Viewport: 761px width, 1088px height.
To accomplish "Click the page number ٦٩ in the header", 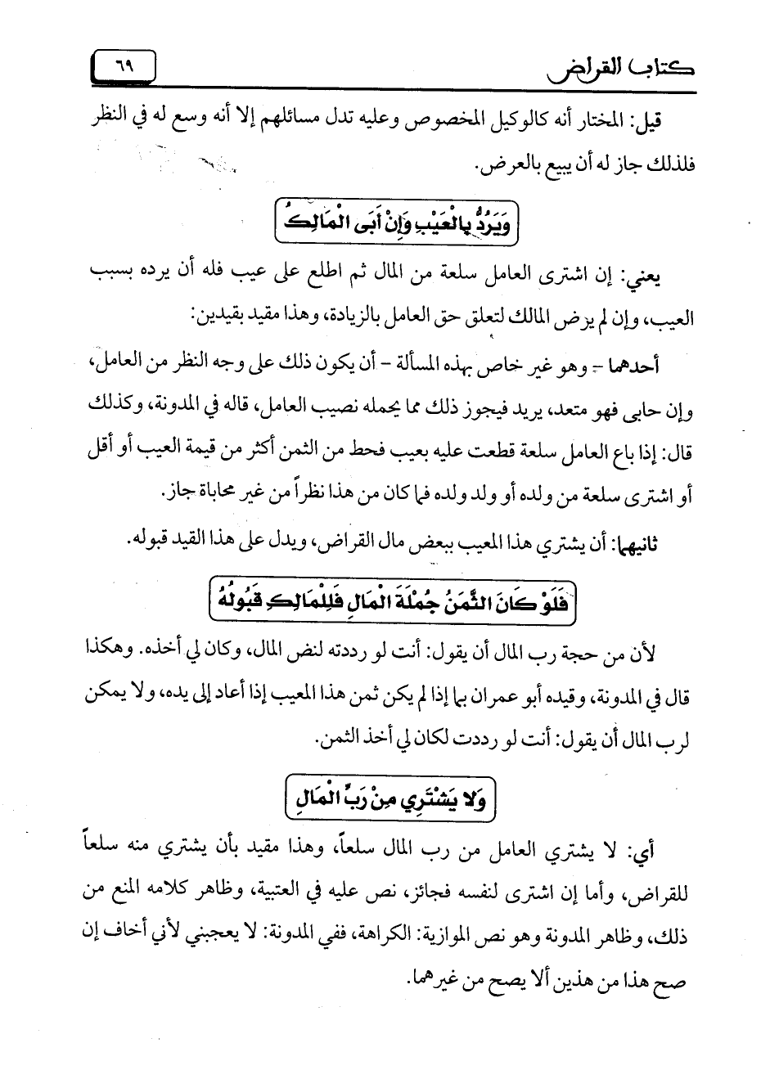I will coord(125,65).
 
